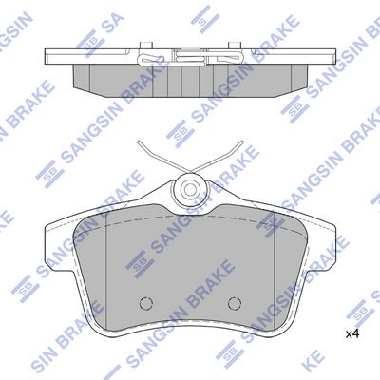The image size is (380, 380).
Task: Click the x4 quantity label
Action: point(351,333)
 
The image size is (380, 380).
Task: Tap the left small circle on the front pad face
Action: point(145,303)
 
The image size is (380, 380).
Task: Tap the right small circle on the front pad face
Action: point(235,303)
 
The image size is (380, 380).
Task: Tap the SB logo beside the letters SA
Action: point(91,38)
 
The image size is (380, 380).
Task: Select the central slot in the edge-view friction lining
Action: point(190,80)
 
